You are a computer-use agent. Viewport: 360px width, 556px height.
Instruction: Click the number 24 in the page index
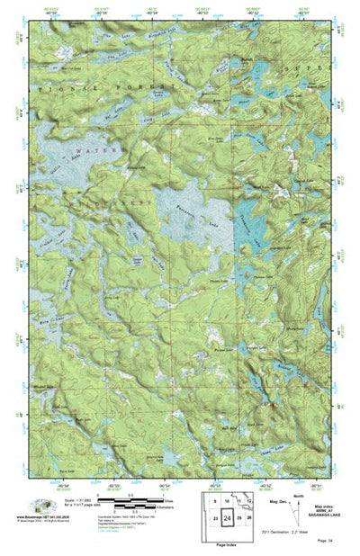(x=229, y=521)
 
